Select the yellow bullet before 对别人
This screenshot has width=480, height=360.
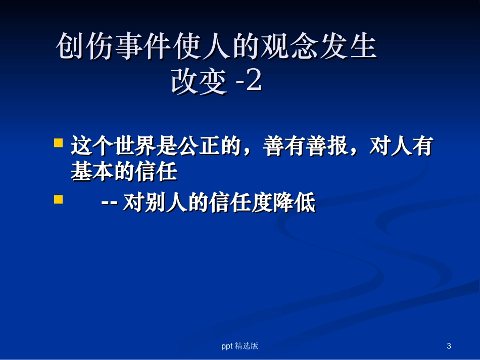click(x=59, y=199)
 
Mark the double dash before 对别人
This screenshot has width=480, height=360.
click(x=110, y=204)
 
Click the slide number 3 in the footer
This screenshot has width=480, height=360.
click(x=449, y=346)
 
